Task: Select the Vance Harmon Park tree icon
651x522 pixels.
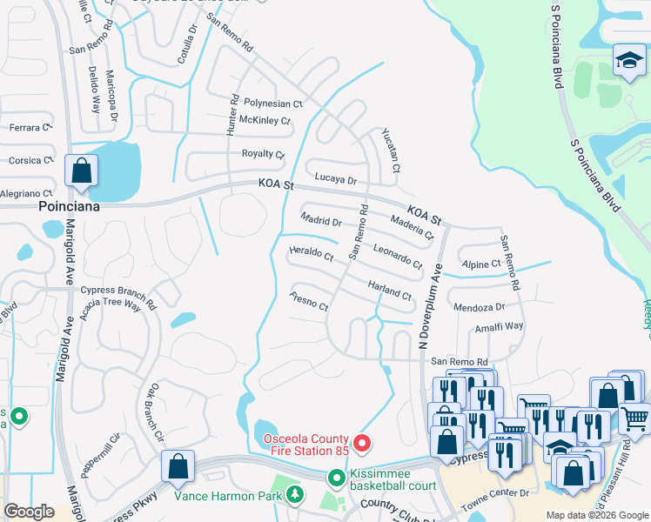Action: pyautogui.click(x=295, y=496)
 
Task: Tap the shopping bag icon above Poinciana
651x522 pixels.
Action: pyautogui.click(x=81, y=171)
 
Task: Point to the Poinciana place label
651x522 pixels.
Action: pyautogui.click(x=70, y=208)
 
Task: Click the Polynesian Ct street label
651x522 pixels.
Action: pyautogui.click(x=272, y=103)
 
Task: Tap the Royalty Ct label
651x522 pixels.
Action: pyautogui.click(x=263, y=154)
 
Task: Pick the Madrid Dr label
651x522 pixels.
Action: pyautogui.click(x=320, y=220)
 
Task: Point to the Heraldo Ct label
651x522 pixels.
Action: pyautogui.click(x=311, y=255)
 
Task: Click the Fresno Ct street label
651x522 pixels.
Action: pyautogui.click(x=309, y=301)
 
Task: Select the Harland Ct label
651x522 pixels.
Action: pyautogui.click(x=389, y=290)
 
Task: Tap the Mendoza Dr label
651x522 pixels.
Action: pyautogui.click(x=479, y=307)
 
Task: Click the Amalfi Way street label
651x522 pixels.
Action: pyautogui.click(x=499, y=326)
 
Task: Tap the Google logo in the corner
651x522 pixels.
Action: pyautogui.click(x=30, y=512)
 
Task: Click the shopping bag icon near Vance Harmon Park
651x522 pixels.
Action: pyautogui.click(x=178, y=466)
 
